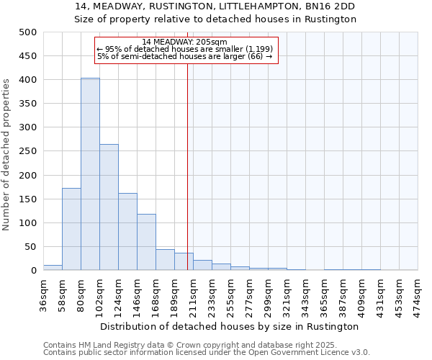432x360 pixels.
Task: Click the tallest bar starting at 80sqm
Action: (x=90, y=174)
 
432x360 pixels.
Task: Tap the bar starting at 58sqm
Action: (x=71, y=229)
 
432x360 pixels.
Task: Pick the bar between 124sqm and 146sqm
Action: (x=127, y=232)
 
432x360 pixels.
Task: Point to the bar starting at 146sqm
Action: (x=146, y=242)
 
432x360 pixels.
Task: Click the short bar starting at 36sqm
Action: (x=53, y=267)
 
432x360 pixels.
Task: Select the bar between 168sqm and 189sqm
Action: (x=165, y=260)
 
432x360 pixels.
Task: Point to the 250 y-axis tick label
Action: (x=27, y=151)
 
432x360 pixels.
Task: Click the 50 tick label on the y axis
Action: (x=30, y=247)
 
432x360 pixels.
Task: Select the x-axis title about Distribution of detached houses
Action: (x=230, y=326)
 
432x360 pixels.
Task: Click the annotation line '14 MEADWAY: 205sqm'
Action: (x=185, y=42)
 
